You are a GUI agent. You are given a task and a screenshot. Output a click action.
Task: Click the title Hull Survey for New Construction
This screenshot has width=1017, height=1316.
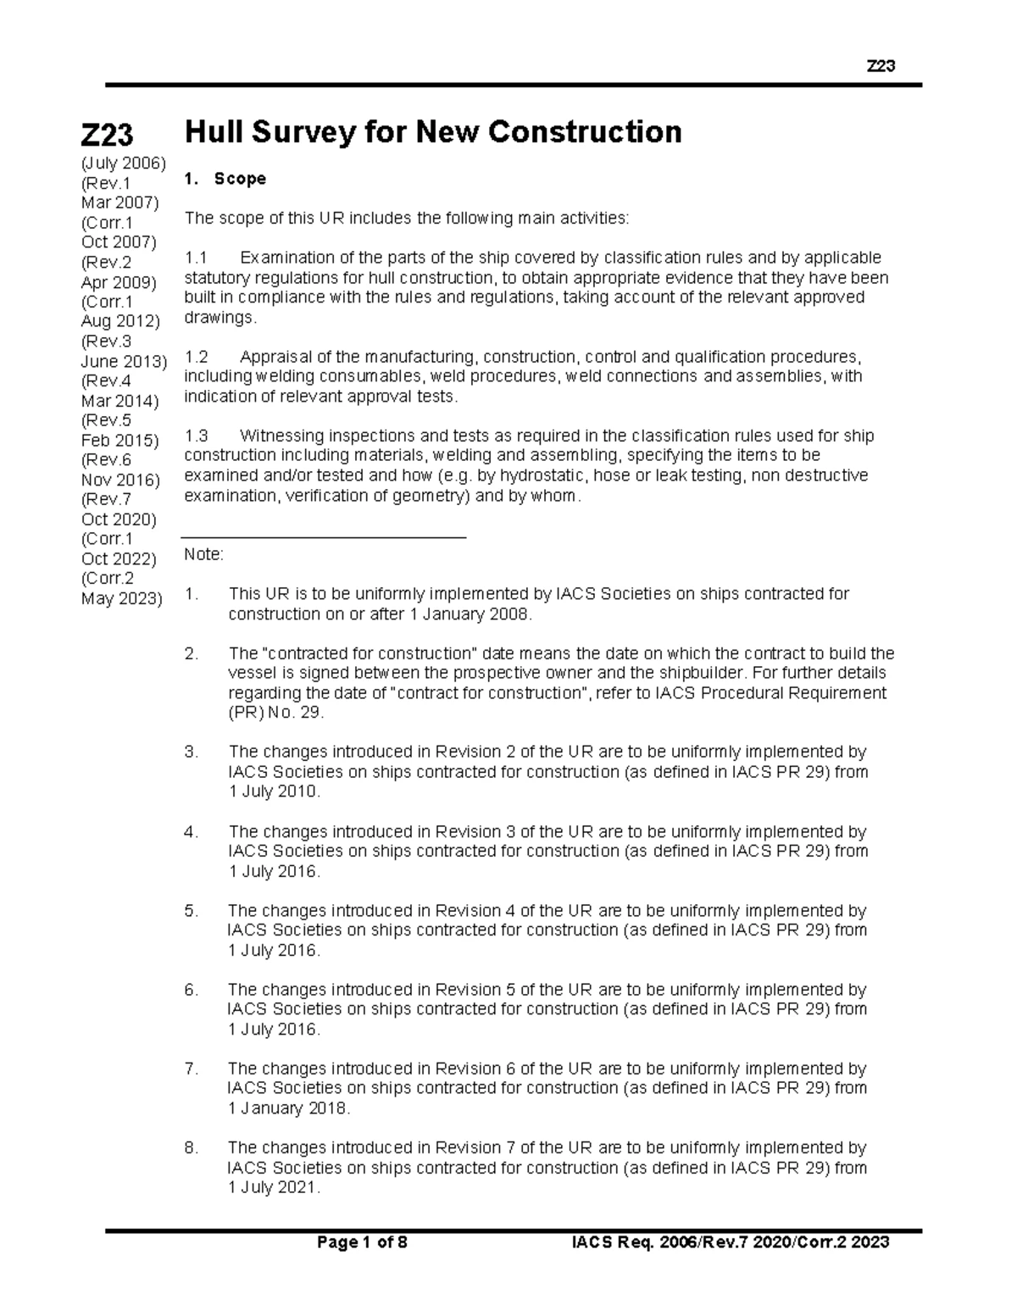point(433,133)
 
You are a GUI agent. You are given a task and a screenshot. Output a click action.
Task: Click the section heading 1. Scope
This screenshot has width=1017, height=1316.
point(225,179)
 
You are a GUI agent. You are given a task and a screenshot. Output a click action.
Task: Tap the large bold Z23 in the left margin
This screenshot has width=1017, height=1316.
point(107,134)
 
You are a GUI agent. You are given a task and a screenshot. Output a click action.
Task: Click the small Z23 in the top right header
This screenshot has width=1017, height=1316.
point(881,66)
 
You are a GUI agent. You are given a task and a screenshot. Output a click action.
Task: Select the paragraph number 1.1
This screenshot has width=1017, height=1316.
point(196,258)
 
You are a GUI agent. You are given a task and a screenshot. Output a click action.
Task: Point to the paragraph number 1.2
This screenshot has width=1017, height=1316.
point(196,357)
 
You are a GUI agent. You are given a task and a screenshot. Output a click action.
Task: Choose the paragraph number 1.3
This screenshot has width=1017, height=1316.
point(196,436)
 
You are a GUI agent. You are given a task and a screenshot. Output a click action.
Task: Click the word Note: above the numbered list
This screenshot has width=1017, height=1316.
point(203,555)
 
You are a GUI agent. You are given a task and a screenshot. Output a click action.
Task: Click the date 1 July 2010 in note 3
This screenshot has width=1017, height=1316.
point(275,792)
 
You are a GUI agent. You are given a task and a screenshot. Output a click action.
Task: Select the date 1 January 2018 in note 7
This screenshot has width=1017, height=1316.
point(288,1108)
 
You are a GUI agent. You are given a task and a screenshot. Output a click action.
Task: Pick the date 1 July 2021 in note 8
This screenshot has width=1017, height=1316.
point(275,1188)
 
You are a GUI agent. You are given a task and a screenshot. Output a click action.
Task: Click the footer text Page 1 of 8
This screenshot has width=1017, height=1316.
point(362,1243)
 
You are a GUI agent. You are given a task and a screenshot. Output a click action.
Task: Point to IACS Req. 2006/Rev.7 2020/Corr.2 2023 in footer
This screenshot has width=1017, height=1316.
point(731,1243)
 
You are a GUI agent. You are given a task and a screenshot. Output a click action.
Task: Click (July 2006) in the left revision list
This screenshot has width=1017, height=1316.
point(123,163)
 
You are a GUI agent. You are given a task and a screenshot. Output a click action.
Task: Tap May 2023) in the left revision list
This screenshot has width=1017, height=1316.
point(121,598)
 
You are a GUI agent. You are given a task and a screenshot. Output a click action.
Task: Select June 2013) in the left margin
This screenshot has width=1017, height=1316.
point(124,361)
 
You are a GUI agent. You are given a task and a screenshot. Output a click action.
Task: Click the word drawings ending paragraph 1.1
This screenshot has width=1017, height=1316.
point(219,318)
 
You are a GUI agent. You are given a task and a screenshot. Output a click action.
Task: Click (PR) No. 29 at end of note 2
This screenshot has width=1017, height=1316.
point(275,713)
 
